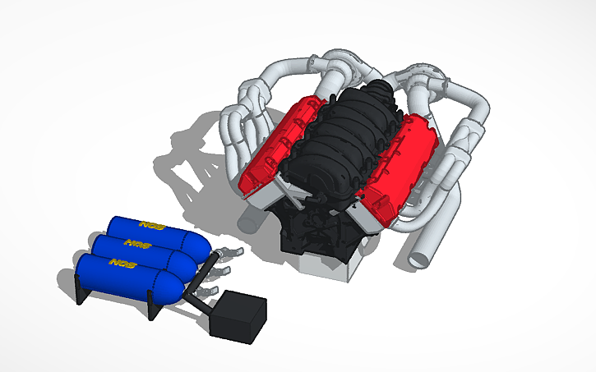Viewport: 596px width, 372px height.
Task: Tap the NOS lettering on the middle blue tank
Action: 133,243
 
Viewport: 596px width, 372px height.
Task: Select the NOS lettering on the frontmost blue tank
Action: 122,264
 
